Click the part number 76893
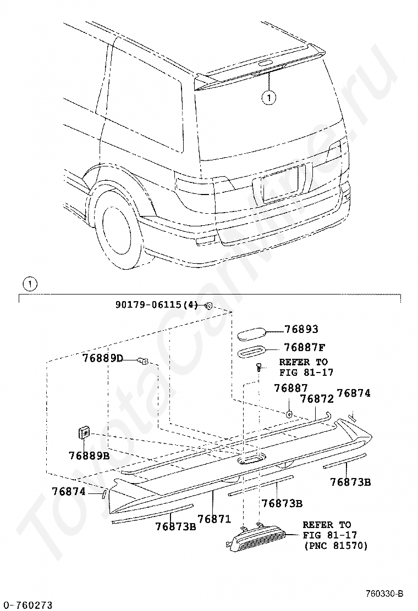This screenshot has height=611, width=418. (x=301, y=330)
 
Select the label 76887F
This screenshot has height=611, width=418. (x=304, y=347)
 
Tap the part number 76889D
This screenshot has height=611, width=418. (x=103, y=358)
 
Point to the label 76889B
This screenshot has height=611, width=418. (x=89, y=456)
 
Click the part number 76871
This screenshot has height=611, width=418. (x=214, y=518)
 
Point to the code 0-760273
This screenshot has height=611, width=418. (x=26, y=605)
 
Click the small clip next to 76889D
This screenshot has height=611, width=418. (x=144, y=361)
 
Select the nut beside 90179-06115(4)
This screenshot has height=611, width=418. (x=209, y=305)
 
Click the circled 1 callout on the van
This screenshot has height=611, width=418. (x=268, y=98)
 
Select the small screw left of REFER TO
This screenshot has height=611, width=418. (x=258, y=368)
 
